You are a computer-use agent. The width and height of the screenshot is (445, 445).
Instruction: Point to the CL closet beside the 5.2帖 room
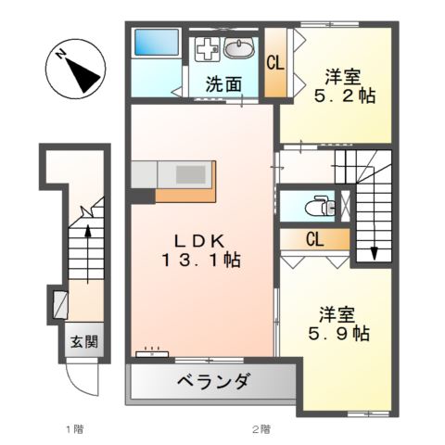click(x=274, y=64)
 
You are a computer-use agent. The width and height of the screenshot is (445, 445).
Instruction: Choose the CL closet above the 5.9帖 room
click(x=314, y=239)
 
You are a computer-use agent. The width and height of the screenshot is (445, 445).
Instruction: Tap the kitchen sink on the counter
click(x=190, y=174)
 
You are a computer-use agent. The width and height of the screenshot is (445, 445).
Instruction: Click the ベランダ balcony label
click(x=211, y=382)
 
